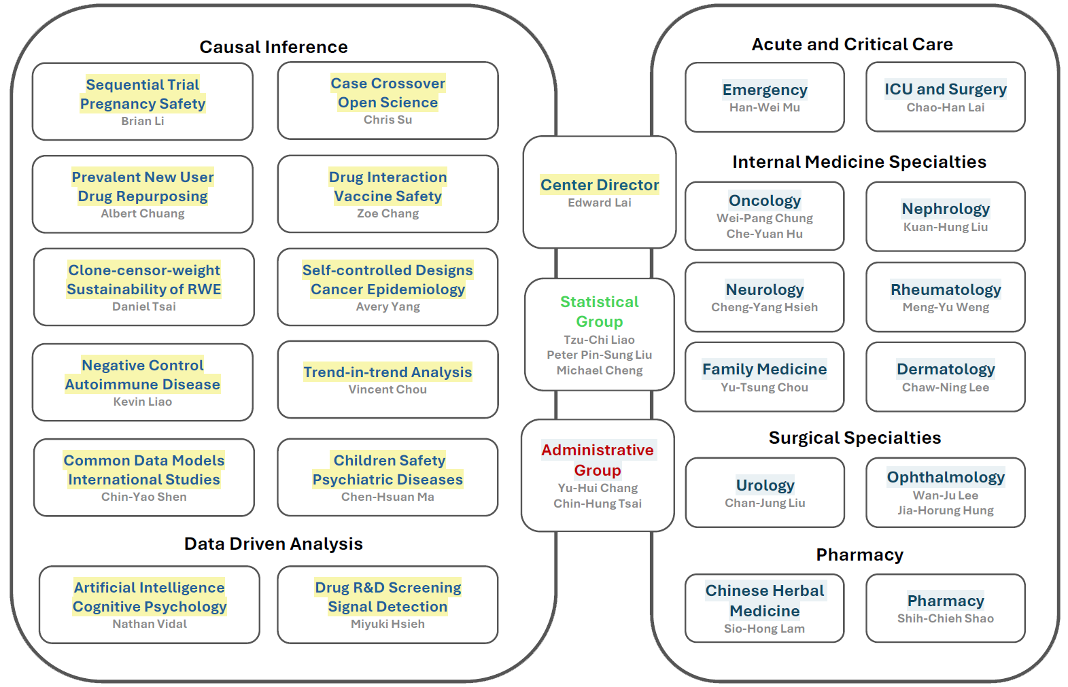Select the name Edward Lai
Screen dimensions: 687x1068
[x=599, y=202]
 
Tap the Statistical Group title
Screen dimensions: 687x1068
[x=599, y=311]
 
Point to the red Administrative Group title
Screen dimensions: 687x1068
[x=597, y=460]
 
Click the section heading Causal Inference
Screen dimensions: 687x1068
[x=273, y=47]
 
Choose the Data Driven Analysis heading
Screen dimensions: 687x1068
[x=273, y=544]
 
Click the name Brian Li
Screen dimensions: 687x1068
[x=143, y=121]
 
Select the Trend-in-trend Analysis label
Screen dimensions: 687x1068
[x=387, y=372]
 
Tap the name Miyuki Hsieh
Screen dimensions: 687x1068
[x=387, y=624]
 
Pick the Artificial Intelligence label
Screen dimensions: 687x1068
[x=150, y=587]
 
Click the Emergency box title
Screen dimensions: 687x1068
[x=765, y=90]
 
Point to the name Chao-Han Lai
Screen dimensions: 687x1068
[x=945, y=107]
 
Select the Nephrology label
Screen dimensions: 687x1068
[x=945, y=209]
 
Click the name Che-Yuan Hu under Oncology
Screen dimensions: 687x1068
[x=764, y=234]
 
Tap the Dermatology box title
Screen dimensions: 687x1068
[x=945, y=369]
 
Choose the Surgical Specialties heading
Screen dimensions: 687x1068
[x=855, y=438]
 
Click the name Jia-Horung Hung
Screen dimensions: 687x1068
[x=945, y=510]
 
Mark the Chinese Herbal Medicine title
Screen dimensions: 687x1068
[x=764, y=601]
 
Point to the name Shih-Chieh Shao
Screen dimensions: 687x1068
[x=945, y=618]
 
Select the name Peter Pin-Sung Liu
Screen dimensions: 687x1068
[x=599, y=355]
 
